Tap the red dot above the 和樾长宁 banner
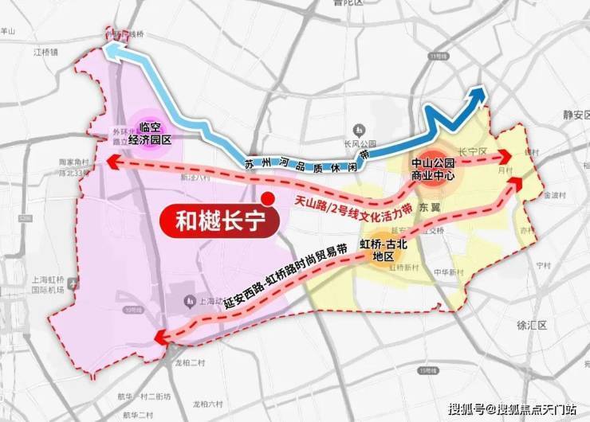point(268,198)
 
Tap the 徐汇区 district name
point(553,326)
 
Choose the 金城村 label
point(553,193)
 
